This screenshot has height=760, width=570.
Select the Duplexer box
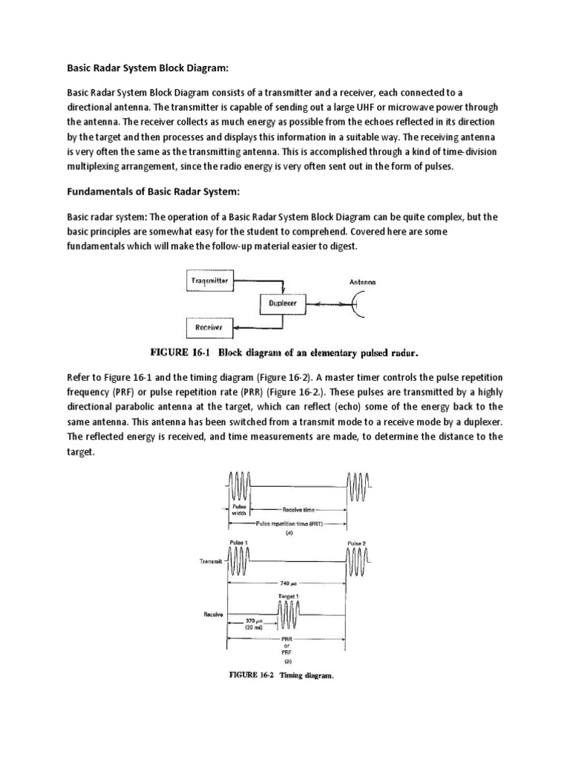click(283, 304)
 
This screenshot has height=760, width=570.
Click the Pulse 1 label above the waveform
click(241, 544)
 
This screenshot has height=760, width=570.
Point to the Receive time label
click(298, 510)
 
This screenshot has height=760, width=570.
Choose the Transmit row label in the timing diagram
click(211, 562)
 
